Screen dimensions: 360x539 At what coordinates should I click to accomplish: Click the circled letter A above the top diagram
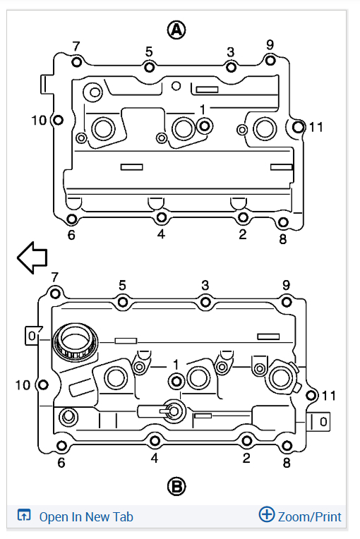(176, 30)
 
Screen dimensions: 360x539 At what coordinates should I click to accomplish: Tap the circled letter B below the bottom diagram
(176, 486)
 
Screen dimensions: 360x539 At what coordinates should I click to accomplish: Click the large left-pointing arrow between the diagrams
(32, 258)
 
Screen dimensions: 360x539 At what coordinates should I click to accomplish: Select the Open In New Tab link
(86, 516)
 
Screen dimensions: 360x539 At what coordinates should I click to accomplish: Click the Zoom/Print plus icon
(267, 514)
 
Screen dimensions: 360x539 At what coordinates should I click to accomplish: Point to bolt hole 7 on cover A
(77, 62)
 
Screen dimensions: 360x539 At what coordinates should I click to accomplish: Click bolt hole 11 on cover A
(298, 127)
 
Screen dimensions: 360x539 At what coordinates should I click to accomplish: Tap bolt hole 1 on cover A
(205, 126)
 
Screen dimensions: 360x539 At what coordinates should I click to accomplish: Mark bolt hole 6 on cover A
(71, 219)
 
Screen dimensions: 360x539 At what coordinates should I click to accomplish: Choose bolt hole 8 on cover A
(283, 222)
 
